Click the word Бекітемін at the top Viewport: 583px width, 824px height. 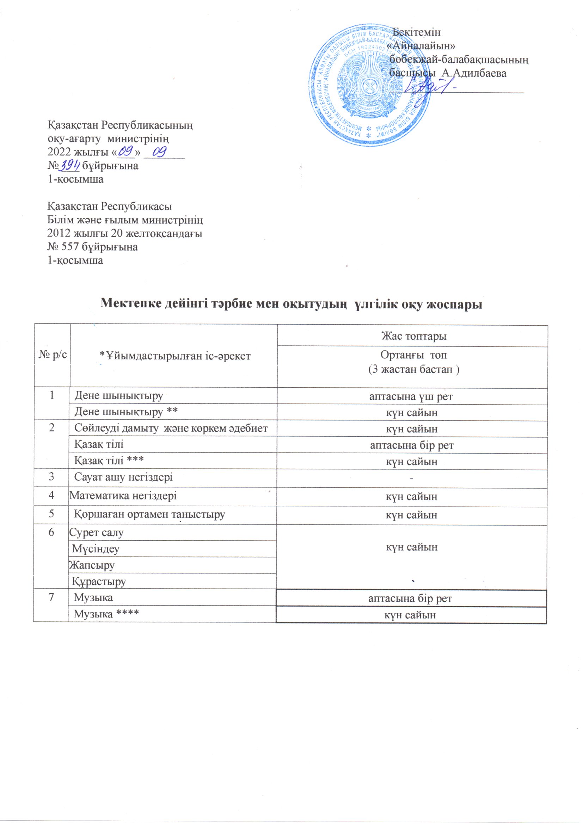417,32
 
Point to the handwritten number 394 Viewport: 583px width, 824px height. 70,165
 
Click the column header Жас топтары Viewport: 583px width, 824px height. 413,336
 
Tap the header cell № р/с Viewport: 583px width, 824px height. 53,356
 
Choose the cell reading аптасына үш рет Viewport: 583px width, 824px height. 411,396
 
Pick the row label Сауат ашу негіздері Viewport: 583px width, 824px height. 123,477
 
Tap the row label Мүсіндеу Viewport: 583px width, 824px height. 96,549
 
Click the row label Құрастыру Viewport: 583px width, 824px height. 99,581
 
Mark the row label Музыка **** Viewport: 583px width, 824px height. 106,614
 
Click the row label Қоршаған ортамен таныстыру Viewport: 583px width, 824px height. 149,514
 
